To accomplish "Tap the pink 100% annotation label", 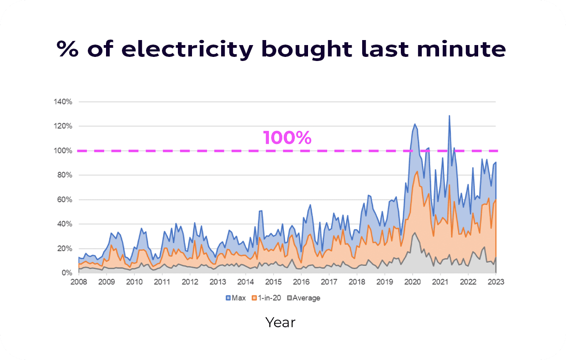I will point(287,137).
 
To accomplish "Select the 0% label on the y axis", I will point(66,273).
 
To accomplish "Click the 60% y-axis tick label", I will point(64,200).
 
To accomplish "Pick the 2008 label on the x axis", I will point(78,282).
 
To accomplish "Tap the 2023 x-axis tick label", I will point(495,282).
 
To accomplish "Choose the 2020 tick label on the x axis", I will point(412,282).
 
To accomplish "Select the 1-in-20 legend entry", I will point(266,298).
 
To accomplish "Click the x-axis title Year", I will point(280,323).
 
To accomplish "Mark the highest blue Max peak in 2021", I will point(449,116).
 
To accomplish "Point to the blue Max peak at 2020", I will point(415,124).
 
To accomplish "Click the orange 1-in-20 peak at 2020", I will point(417,172).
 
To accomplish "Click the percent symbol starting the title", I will point(67,49).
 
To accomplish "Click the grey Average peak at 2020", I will point(414,233).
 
